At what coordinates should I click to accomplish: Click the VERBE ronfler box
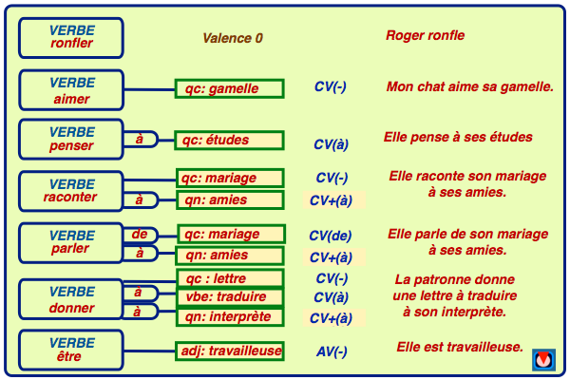(71, 37)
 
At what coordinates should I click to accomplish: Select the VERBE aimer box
(71, 90)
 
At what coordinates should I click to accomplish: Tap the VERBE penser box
(71, 140)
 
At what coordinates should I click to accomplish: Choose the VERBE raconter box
(71, 190)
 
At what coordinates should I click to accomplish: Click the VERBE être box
(71, 350)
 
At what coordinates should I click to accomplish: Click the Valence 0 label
(232, 38)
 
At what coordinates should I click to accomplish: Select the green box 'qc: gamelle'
(230, 89)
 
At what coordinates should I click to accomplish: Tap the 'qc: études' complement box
(230, 141)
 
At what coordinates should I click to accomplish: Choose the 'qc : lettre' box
(230, 278)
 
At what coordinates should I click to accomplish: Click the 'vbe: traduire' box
(230, 297)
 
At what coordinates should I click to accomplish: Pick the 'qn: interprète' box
(230, 316)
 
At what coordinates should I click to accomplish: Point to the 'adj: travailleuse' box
(230, 351)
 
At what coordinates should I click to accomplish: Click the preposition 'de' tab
(140, 234)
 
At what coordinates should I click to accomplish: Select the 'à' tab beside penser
(140, 140)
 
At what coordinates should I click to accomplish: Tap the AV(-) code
(331, 351)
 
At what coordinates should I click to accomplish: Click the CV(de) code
(331, 236)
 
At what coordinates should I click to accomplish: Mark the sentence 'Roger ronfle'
(425, 36)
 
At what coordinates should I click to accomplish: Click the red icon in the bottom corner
(542, 360)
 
